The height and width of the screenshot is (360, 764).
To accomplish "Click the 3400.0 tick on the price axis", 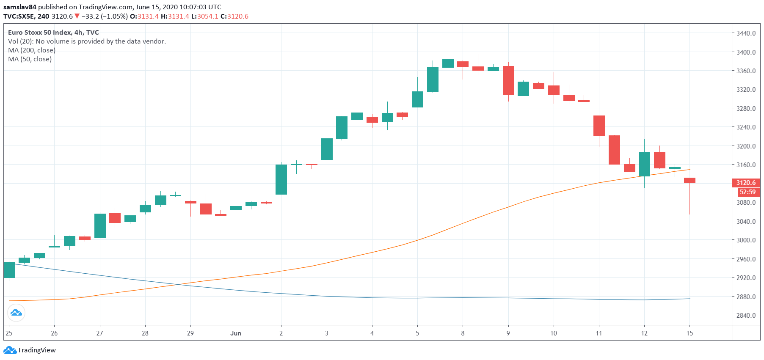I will click(746, 52).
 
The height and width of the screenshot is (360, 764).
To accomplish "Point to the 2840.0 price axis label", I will click(746, 316).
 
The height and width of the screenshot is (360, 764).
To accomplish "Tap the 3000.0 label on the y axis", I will click(746, 240).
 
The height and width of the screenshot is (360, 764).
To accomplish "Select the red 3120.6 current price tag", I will click(746, 183).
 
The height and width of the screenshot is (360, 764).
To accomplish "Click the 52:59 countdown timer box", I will click(747, 192).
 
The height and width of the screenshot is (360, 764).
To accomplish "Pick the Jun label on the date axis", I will click(236, 333).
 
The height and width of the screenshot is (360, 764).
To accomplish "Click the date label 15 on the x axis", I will click(690, 333).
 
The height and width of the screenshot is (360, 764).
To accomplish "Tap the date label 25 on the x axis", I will click(9, 333).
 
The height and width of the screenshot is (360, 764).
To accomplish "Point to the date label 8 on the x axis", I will click(463, 333).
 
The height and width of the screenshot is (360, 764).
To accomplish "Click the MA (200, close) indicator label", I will click(32, 50).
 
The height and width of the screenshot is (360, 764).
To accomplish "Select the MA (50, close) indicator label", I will click(30, 59).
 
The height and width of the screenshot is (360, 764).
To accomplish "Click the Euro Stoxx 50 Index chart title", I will click(53, 33).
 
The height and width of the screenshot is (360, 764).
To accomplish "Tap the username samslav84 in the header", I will click(20, 7).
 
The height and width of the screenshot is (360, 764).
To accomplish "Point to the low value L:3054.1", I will click(205, 16).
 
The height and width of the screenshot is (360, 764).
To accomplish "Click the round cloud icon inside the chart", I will click(16, 313).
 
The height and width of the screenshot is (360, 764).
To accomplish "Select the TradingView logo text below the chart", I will click(36, 350).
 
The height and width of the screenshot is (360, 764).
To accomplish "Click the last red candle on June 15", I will click(690, 181).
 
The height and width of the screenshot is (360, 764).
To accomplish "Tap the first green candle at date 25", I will click(9, 270).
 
